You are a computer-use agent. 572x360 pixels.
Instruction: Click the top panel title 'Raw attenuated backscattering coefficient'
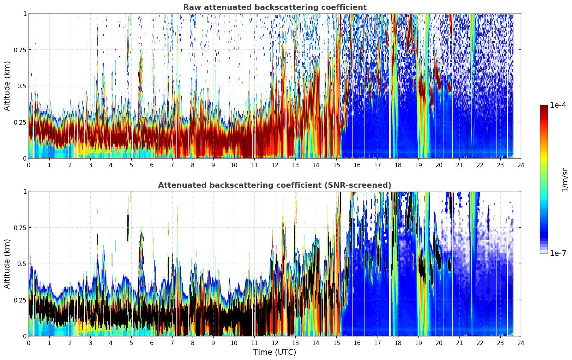coord(275,7)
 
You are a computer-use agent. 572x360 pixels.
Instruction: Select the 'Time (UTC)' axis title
coord(275,352)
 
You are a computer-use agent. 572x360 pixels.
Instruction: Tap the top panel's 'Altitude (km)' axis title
coord(7,86)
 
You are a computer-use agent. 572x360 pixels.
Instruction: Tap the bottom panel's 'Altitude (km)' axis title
coord(7,264)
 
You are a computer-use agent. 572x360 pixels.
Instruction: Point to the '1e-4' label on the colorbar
coord(558,105)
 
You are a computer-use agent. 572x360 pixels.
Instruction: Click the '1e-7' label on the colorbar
coord(558,253)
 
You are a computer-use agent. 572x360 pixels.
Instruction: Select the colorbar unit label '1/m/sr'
coord(565,180)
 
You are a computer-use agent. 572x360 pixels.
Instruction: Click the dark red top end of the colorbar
coord(544,107)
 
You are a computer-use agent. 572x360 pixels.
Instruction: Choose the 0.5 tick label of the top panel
coord(22,86)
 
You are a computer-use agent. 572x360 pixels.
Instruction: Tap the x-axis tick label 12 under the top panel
coord(275,165)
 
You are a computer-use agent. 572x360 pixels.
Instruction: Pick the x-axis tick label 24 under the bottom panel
coord(521,343)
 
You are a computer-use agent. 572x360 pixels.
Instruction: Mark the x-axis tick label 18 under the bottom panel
coord(398,343)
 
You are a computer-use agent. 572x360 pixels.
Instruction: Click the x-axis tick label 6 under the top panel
coord(152,165)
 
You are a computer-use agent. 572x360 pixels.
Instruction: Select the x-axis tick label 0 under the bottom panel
coord(29,343)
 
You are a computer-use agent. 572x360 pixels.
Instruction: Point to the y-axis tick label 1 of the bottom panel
coord(25,192)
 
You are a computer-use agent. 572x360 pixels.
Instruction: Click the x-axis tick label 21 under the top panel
coord(459,165)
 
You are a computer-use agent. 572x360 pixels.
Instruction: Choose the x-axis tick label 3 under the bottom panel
coord(90,343)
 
